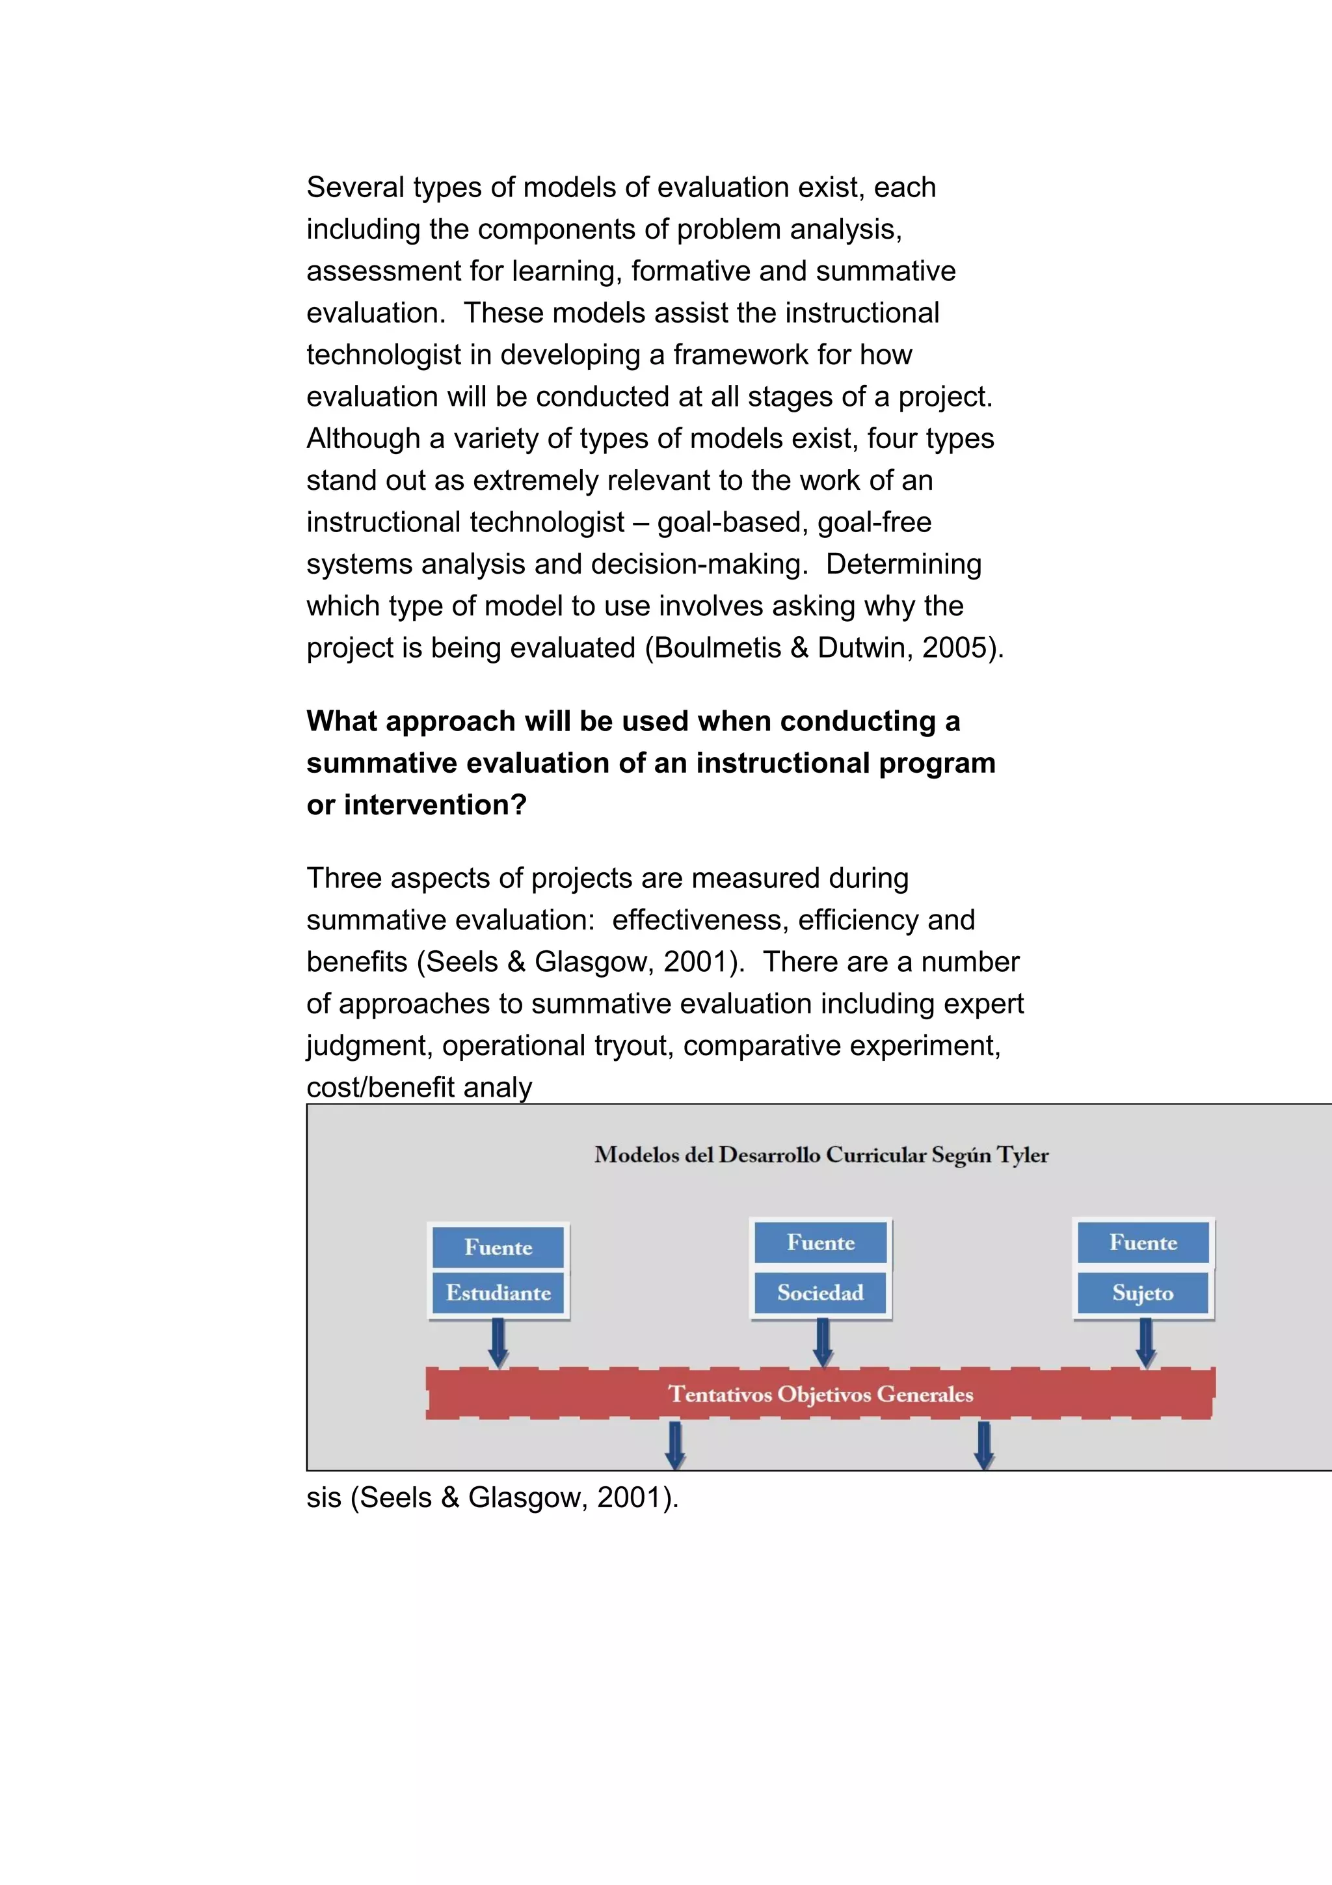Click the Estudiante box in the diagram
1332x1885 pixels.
pos(498,1293)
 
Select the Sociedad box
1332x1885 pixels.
pos(820,1293)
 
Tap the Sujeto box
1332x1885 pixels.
pos(1143,1293)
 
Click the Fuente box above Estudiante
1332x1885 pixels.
pos(498,1247)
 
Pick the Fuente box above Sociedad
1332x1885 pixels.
pos(820,1242)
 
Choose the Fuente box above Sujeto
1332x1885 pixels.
pos(1143,1242)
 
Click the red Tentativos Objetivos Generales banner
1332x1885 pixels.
pos(820,1394)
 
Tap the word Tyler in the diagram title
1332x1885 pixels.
pos(1022,1155)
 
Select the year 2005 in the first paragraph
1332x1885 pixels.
pos(953,648)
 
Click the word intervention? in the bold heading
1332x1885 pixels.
pos(435,805)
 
